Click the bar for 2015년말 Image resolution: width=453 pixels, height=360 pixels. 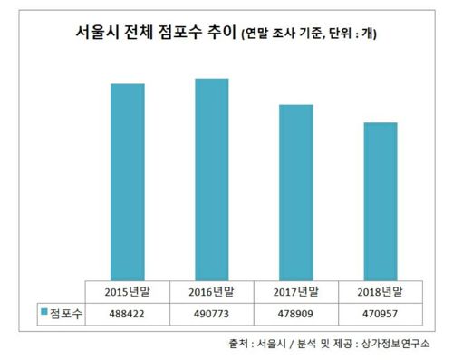[127, 181]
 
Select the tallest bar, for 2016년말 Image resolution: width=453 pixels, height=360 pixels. [211, 179]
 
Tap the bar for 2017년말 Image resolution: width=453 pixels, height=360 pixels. [295, 192]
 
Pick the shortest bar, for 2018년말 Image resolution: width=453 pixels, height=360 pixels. [380, 200]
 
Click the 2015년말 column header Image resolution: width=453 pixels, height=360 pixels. [127, 292]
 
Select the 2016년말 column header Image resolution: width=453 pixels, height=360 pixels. [211, 292]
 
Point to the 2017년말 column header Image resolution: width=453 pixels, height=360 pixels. [295, 292]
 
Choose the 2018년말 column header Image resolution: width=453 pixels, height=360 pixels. [380, 292]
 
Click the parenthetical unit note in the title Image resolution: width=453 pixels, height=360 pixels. [308, 37]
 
